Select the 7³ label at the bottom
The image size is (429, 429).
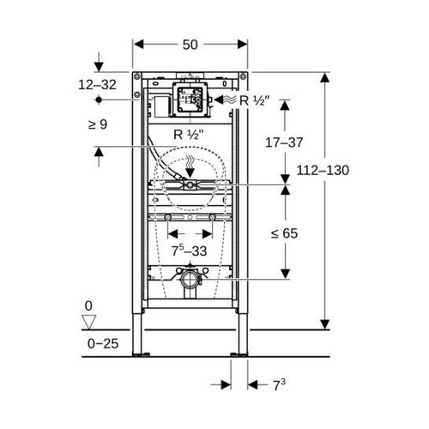pos(280,386)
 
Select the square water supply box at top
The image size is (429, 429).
pos(190,100)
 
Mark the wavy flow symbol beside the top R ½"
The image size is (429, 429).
pos(225,100)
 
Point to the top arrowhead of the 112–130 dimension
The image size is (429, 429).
pos(324,77)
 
